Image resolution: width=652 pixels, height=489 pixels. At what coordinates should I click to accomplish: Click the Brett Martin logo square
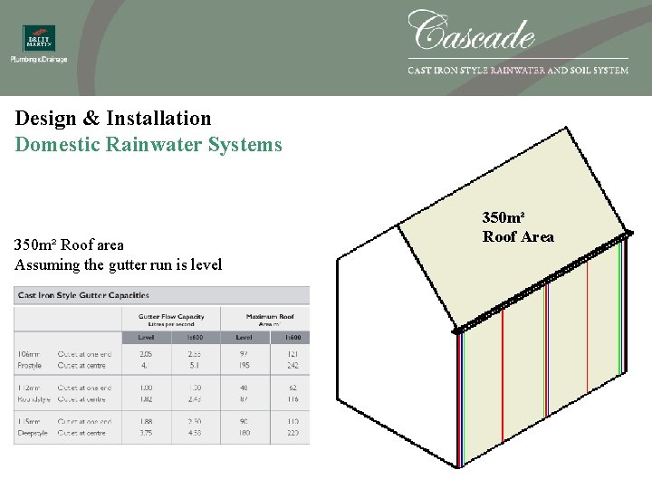tap(39, 38)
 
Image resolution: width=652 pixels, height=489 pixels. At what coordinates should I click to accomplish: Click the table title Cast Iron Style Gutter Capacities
tap(83, 295)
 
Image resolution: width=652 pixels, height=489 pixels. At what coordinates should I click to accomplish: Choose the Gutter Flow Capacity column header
tap(171, 320)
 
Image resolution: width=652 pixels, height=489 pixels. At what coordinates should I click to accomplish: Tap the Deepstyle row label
tap(33, 433)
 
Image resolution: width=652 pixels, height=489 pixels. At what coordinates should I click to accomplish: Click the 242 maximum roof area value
tap(292, 366)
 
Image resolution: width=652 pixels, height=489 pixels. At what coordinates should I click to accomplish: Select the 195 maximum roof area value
tap(244, 366)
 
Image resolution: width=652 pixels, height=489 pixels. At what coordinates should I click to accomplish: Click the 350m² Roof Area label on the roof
tap(517, 227)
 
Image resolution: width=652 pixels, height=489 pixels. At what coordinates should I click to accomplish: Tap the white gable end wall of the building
tap(394, 362)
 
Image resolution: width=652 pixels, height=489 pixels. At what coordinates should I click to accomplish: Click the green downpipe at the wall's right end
tap(620, 308)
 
